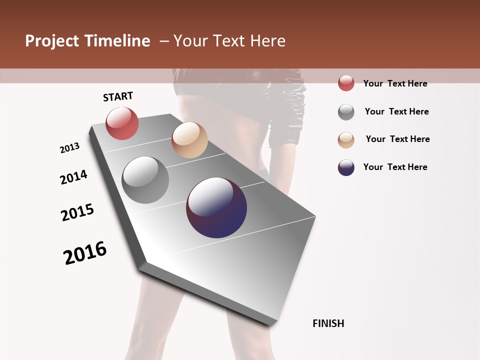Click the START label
[x=118, y=96]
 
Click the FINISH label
[x=328, y=323]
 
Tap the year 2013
[x=69, y=148]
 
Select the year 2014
[x=73, y=177]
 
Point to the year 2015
[x=77, y=212]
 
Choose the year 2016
[x=85, y=253]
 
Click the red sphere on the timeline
[x=122, y=123]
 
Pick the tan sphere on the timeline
[x=189, y=140]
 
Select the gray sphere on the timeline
[x=145, y=180]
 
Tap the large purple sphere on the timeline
[x=216, y=207]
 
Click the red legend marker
[x=346, y=83]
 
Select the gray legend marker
[x=346, y=112]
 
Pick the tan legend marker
[x=346, y=140]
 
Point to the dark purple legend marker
[x=346, y=167]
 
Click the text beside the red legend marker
[x=395, y=83]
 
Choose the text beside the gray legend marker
[x=396, y=111]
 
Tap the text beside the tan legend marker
[x=397, y=139]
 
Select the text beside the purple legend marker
[x=395, y=167]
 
